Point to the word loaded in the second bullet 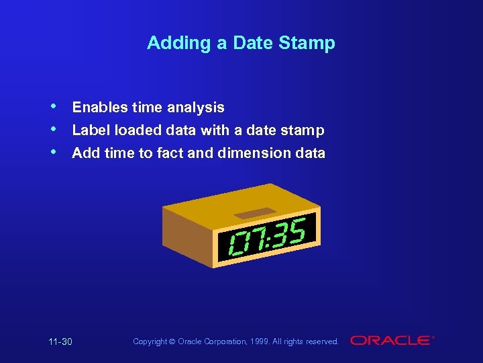pyautogui.click(x=136, y=130)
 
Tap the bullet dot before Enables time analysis pyautogui.click(x=53, y=106)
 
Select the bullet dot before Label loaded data pyautogui.click(x=53, y=128)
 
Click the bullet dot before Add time pyautogui.click(x=53, y=152)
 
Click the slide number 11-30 pyautogui.click(x=60, y=342)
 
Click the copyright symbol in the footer pyautogui.click(x=172, y=342)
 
